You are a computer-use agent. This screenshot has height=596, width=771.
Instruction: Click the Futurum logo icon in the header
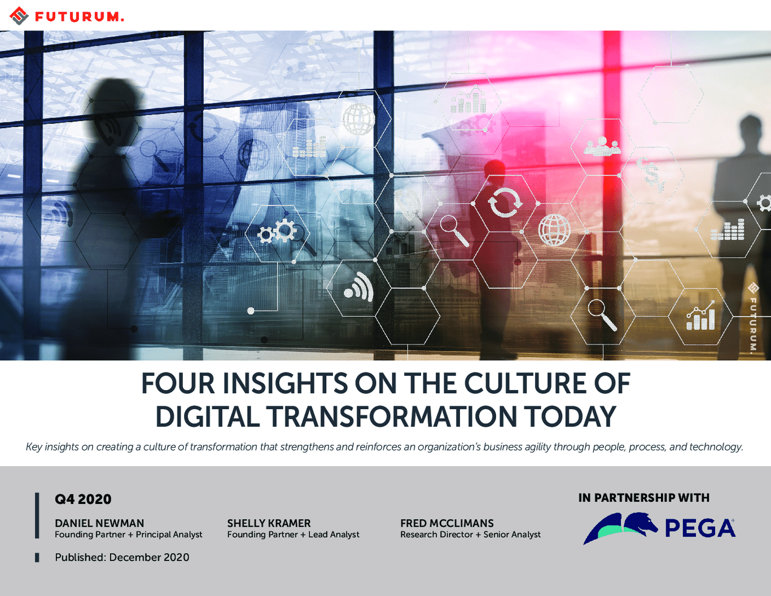tap(19, 16)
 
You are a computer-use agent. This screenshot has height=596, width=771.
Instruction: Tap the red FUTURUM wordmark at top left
tap(80, 17)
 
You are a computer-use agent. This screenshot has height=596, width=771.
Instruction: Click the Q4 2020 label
tap(83, 499)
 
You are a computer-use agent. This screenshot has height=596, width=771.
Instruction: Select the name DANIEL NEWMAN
tap(99, 523)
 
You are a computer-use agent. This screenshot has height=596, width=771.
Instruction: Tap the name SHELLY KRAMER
tap(269, 523)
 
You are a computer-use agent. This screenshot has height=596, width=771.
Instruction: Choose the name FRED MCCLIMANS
tap(447, 523)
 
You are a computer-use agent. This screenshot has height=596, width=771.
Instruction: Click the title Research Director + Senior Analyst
tap(471, 534)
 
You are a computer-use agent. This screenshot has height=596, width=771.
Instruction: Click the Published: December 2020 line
tap(122, 557)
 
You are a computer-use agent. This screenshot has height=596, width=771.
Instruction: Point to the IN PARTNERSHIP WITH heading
tap(644, 498)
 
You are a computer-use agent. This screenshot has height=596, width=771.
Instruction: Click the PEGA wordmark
tap(700, 529)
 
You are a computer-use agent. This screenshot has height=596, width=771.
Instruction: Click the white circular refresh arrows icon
tap(506, 203)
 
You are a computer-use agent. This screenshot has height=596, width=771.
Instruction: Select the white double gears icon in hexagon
tap(277, 231)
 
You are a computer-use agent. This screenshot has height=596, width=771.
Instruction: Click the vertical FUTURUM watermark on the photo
tap(753, 317)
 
